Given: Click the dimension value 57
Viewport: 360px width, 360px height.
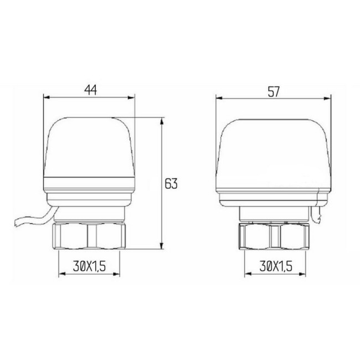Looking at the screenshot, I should coord(272,91).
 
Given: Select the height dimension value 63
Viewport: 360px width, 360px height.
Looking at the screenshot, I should coord(171,183).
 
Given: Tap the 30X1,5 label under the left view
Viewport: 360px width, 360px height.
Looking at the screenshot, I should coord(89,267).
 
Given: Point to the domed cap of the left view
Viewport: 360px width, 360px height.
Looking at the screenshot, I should coord(89,147).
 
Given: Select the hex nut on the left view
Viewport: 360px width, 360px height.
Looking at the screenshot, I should coord(89,236).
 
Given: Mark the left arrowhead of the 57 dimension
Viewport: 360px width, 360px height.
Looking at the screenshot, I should coord(218,99).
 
